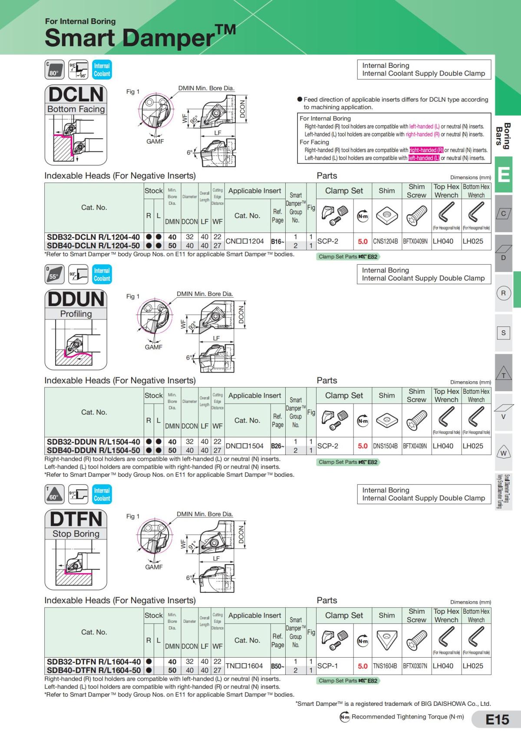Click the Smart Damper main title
[140, 37]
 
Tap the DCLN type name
[76, 95]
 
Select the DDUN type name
[76, 299]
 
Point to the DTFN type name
[76, 519]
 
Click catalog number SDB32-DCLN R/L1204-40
[93, 237]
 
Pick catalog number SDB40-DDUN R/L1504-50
[93, 450]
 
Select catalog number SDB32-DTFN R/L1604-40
[94, 661]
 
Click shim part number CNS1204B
[386, 242]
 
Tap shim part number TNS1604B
[385, 666]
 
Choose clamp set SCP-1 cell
[327, 666]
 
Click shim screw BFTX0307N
[415, 666]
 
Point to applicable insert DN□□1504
[244, 446]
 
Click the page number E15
[497, 720]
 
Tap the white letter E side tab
[504, 174]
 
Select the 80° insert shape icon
[55, 70]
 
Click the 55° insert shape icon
[55, 274]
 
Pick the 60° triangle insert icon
[55, 494]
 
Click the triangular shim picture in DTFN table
[387, 640]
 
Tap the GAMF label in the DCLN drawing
[155, 141]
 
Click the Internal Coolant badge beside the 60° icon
[102, 494]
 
